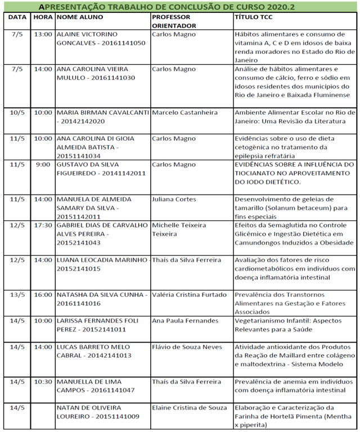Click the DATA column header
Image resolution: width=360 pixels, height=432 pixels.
(17, 17)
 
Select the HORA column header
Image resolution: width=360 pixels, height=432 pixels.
(43, 17)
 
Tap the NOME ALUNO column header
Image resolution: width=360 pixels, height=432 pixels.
(80, 17)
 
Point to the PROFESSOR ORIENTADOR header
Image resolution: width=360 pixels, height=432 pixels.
(174, 21)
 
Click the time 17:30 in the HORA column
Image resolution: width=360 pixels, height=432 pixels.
(43, 225)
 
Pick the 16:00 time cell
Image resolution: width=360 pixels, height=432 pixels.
(43, 295)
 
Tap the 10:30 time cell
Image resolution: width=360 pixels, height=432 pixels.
(43, 381)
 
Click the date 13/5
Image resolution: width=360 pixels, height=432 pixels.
(17, 295)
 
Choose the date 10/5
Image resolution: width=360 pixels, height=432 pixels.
(17, 112)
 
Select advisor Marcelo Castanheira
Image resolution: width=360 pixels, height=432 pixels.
(184, 112)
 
